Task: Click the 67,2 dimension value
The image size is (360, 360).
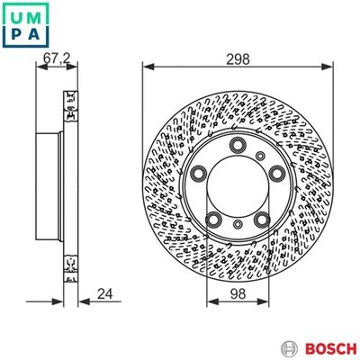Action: [x=56, y=60]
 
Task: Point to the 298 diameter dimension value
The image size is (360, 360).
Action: [x=238, y=60]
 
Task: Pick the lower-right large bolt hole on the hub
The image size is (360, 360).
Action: [x=262, y=219]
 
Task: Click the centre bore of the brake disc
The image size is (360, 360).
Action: [x=238, y=186]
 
